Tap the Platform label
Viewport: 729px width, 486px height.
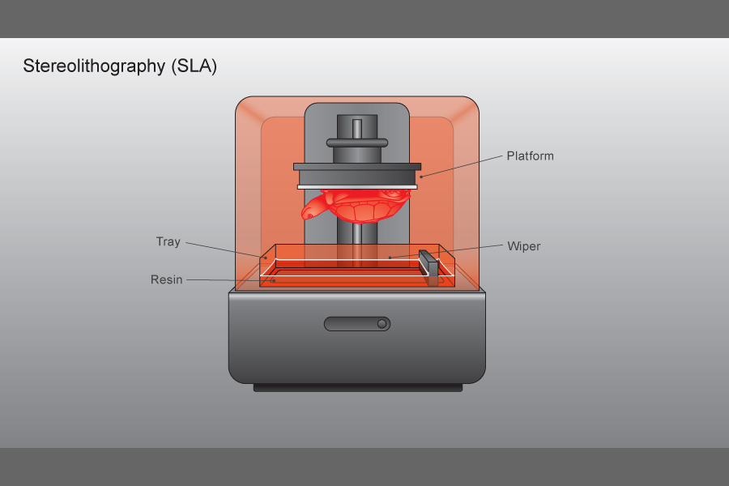coord(530,156)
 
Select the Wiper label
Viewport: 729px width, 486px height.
coord(523,245)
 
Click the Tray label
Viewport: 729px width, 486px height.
coord(168,241)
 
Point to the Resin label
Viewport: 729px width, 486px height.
coord(166,279)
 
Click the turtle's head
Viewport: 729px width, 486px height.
coord(311,212)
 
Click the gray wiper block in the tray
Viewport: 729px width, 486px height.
coord(430,268)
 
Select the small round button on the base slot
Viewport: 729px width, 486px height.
coord(382,324)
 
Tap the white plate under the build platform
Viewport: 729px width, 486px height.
coord(357,187)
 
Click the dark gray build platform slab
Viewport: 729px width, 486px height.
coord(357,175)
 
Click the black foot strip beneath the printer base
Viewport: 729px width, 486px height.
coord(357,388)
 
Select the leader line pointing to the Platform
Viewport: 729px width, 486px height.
coord(462,165)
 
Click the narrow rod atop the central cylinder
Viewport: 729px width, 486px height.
coord(357,128)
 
